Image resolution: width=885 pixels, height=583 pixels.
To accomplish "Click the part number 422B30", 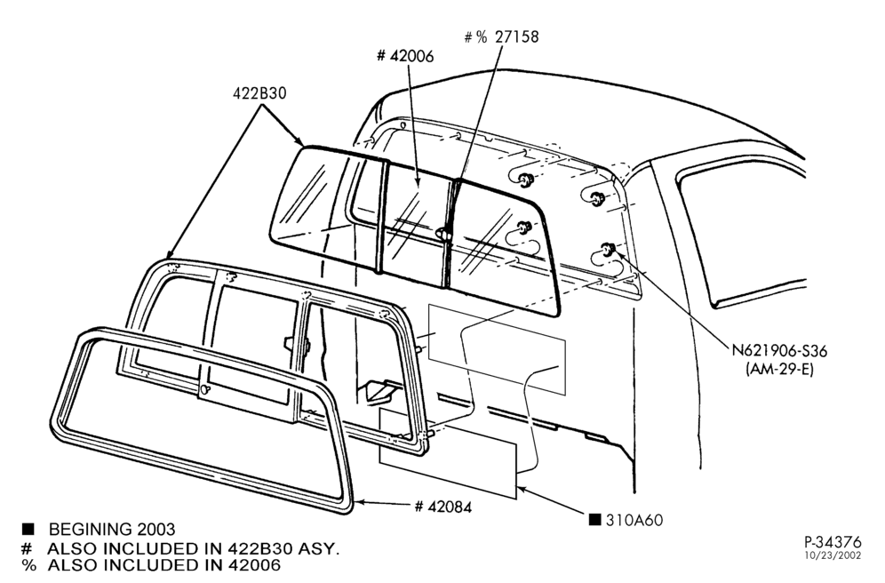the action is click(259, 93).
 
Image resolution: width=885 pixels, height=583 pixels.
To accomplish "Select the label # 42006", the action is click(405, 56).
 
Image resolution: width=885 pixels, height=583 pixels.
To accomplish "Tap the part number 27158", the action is click(517, 36).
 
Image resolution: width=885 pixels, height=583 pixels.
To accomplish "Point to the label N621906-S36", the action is click(779, 350).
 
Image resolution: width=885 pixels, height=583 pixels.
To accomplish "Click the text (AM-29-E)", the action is click(779, 369).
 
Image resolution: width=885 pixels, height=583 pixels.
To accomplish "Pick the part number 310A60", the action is click(634, 519).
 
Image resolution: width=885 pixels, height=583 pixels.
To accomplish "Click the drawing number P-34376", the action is click(833, 542).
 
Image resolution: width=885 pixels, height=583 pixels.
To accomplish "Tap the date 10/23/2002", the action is click(833, 555).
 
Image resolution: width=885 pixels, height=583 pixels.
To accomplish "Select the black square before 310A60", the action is click(595, 519).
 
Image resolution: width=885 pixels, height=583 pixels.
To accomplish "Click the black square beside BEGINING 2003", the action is click(28, 530).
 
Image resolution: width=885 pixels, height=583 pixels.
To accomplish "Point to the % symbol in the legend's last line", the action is click(28, 564).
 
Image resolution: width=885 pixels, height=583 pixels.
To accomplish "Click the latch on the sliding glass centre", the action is click(443, 233).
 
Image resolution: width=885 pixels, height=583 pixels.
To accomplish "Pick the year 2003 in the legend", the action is click(155, 530).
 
